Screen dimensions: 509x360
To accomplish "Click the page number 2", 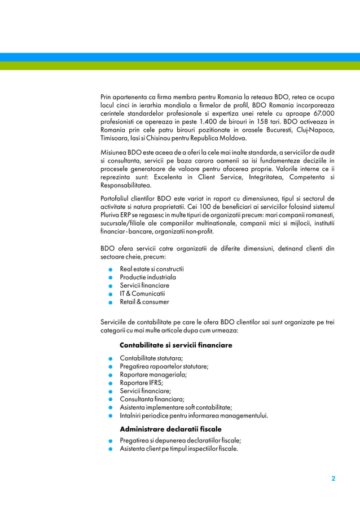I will pos(333,479).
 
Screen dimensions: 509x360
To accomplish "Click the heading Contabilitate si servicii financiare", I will pos(175,345).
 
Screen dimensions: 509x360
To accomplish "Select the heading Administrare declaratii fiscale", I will pos(170,429).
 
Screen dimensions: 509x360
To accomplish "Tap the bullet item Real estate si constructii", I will pos(151,269).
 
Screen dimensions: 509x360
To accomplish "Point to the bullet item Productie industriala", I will pos(147,277).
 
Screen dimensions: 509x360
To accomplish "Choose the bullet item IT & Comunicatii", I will pos(142,293).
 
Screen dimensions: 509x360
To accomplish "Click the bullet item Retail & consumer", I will pos(144,302).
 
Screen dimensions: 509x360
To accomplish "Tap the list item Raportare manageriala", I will pos(153,374).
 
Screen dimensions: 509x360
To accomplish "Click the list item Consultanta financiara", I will pos(152,398).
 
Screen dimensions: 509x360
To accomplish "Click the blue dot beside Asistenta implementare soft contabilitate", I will pos(113,407).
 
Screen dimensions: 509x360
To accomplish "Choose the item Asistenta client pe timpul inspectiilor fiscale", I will pos(178,449).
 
